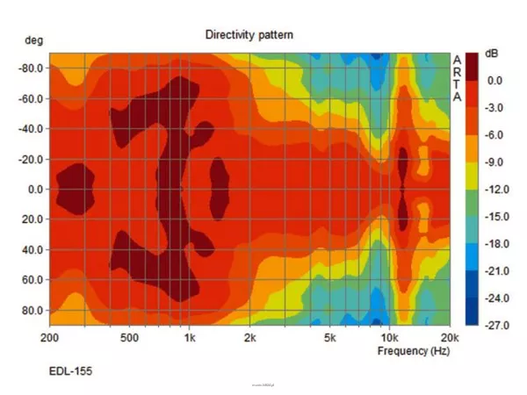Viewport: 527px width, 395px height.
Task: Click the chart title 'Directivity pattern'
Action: [249, 35]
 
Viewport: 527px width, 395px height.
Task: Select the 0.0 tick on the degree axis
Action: [35, 189]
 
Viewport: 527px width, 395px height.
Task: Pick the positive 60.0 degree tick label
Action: [32, 280]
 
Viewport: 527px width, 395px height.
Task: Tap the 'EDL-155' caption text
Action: [70, 371]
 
